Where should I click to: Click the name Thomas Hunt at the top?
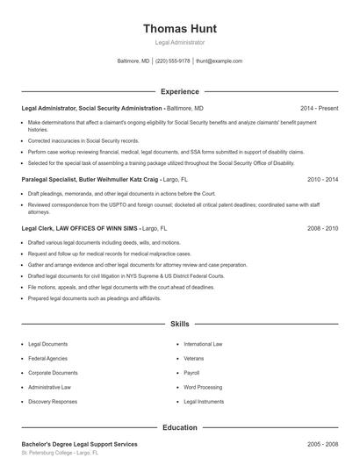pos(179,28)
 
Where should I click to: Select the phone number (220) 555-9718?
pos(173,61)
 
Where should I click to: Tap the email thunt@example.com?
pos(219,61)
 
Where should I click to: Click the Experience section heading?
pos(179,91)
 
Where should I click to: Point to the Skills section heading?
pos(179,325)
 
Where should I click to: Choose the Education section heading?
pos(179,427)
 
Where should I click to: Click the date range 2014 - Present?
pos(319,108)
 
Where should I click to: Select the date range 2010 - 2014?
pos(322,179)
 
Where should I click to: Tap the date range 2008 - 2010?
pos(322,228)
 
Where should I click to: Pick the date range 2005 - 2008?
pos(322,445)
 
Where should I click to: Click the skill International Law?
pos(203,344)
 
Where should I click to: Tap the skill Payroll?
pos(193,373)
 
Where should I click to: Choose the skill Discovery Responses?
pos(53,402)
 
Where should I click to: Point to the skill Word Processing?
pos(203,387)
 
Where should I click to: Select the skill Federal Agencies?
pos(48,358)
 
